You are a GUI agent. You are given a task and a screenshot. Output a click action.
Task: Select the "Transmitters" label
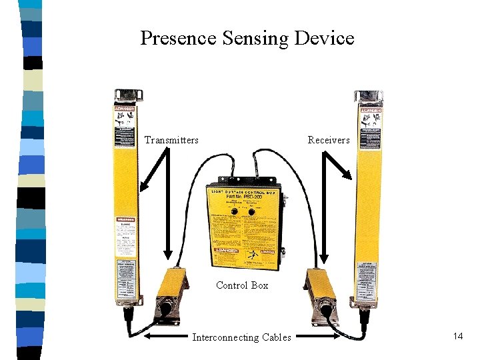click(171, 140)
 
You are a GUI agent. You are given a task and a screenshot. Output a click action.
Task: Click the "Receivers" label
click(328, 140)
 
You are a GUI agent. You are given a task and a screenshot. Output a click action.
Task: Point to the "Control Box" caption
click(242, 285)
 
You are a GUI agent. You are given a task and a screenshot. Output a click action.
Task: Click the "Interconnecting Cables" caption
click(241, 337)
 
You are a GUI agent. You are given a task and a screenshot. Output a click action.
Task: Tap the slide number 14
click(457, 336)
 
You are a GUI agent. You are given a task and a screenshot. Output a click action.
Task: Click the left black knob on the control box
click(235, 210)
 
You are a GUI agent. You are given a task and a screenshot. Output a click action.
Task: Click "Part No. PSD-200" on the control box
click(245, 197)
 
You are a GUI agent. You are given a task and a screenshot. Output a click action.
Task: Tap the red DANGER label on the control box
click(225, 251)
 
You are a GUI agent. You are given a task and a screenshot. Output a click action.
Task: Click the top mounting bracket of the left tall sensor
click(126, 95)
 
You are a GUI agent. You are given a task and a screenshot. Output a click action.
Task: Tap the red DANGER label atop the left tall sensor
click(126, 109)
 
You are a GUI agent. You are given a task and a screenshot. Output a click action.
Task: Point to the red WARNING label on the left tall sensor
click(126, 219)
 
